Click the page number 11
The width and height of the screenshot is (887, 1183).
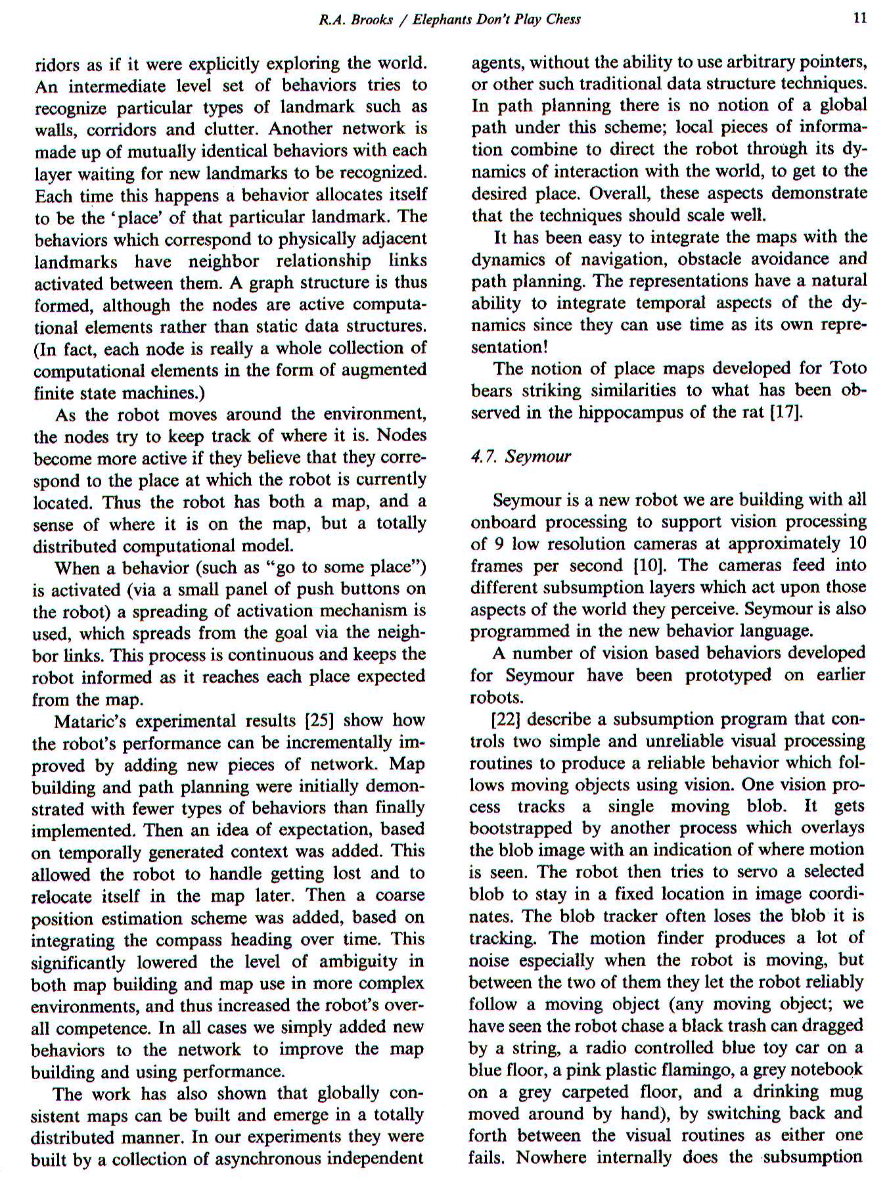point(859,18)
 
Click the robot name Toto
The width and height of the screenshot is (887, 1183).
point(848,368)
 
